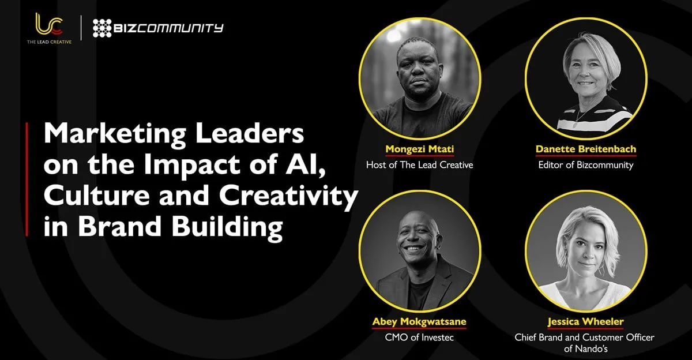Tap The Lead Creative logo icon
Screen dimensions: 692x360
50,24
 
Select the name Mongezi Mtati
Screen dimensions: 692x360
420,149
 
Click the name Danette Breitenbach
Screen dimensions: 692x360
586,149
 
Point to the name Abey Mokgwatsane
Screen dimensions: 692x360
419,322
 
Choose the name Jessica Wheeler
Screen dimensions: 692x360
585,322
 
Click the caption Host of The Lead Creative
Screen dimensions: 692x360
420,165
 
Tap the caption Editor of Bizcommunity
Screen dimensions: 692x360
586,166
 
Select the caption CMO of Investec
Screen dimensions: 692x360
419,337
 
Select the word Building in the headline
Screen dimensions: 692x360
227,227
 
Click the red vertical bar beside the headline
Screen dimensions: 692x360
27,179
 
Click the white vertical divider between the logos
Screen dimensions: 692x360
81,28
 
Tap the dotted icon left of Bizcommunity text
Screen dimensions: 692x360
102,28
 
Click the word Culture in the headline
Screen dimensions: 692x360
97,196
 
